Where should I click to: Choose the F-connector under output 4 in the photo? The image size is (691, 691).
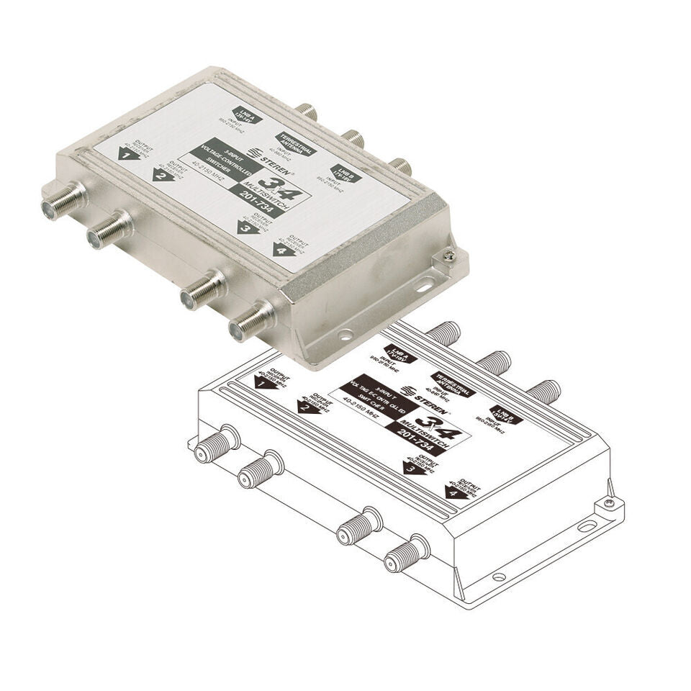pos(250,322)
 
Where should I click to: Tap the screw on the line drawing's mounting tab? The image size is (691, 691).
pos(609,503)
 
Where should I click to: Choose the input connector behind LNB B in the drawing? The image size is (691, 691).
pos(545,392)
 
